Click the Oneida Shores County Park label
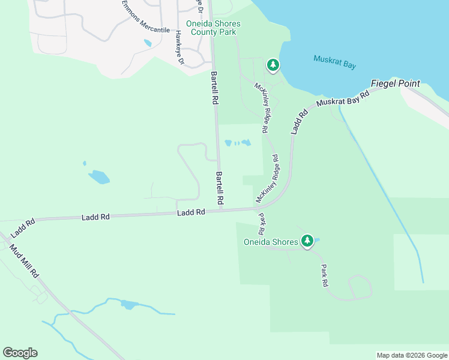(x=213, y=28)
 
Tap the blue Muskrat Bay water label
(x=334, y=61)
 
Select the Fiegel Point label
(x=395, y=83)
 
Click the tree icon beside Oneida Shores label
(x=307, y=241)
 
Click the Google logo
(x=20, y=352)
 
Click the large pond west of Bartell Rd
(x=99, y=177)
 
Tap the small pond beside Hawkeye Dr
(x=148, y=43)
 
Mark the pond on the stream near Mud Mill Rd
(x=128, y=305)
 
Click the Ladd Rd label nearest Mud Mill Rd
(x=23, y=227)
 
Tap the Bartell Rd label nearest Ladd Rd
(x=220, y=187)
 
